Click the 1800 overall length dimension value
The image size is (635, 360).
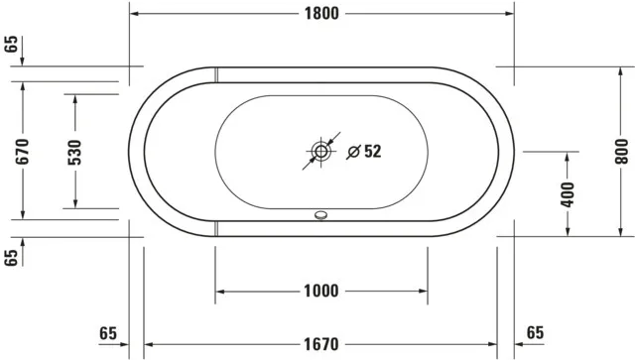coord(322,13)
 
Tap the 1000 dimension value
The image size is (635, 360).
coord(322,291)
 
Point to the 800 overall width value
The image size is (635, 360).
coord(622,151)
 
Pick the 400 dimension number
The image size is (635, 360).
coord(567,194)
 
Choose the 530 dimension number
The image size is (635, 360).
coord(74,151)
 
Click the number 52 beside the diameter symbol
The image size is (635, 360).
coord(372,152)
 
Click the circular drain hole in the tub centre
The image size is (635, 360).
coord(320,152)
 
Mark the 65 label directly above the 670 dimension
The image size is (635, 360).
coord(11,43)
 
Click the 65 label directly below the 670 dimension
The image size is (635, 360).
coord(11,258)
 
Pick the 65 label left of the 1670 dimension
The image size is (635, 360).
coord(108,331)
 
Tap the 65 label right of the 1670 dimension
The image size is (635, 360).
coord(535,331)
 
